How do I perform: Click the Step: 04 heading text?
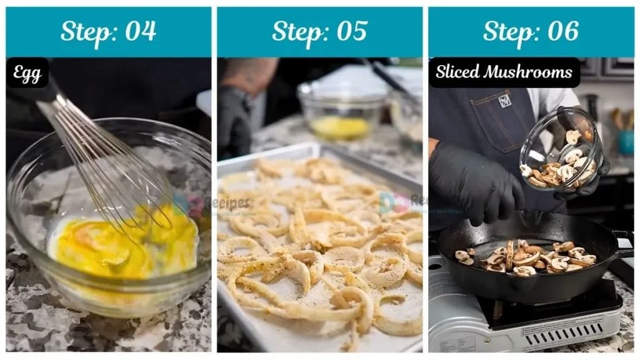(108, 31)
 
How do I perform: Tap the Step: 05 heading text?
(319, 31)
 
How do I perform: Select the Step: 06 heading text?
(531, 31)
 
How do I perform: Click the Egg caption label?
(27, 74)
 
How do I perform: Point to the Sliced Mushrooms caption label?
(504, 72)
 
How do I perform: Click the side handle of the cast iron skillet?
(622, 241)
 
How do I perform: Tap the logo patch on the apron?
(504, 101)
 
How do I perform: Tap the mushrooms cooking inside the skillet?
(525, 256)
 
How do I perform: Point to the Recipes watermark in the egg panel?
(212, 203)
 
